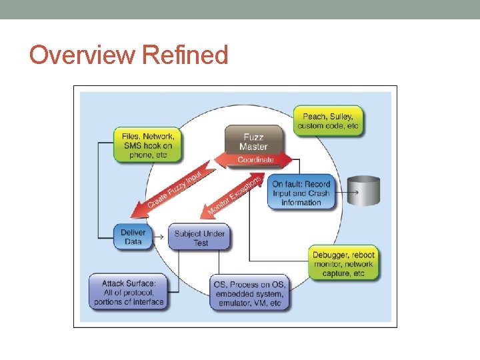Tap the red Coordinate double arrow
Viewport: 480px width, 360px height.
255,160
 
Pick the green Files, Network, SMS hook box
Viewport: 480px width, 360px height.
147,145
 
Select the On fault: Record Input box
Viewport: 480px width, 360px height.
301,193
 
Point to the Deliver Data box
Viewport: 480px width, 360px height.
133,237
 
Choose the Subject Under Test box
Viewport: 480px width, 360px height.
200,238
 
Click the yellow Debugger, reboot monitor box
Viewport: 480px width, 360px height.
343,264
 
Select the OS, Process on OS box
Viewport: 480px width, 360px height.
248,294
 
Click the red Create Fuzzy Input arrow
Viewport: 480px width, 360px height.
167,194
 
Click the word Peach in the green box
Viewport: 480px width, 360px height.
314,117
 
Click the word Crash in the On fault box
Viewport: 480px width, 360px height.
318,193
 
